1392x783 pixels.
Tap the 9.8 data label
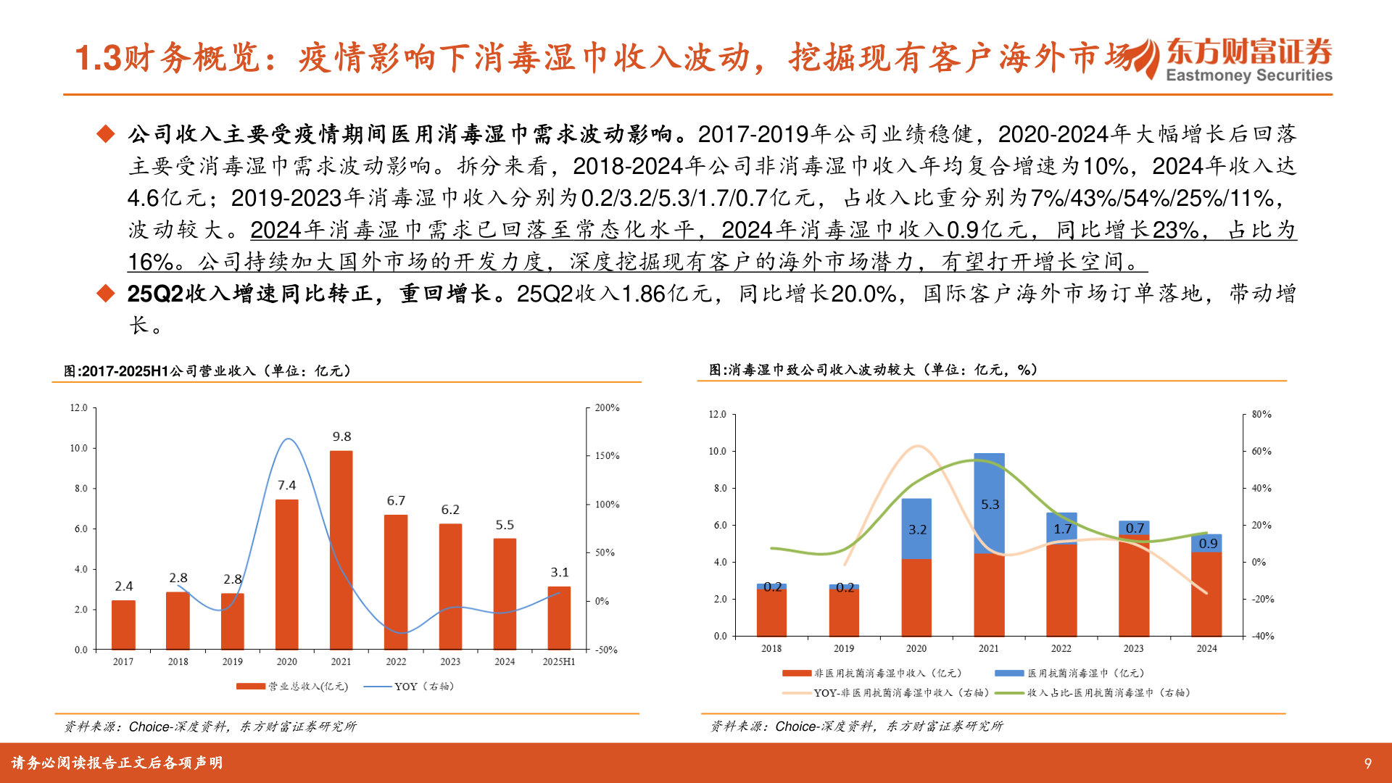tap(341, 436)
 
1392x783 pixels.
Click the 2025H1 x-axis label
tap(558, 661)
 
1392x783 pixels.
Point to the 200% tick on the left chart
tap(607, 408)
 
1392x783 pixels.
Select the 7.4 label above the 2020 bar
tap(286, 485)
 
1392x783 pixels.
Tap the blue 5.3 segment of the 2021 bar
tap(989, 503)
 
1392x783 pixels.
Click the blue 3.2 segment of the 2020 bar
tap(916, 529)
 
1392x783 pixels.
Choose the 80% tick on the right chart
tap(1261, 415)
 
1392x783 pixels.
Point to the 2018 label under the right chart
tap(771, 648)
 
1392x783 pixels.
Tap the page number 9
tap(1367, 763)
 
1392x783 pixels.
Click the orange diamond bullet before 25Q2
tap(106, 294)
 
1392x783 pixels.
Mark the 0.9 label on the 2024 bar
tap(1208, 543)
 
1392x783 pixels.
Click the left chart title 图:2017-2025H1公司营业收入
tap(207, 370)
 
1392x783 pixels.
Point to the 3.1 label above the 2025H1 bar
tap(559, 572)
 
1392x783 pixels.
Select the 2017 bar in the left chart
tap(123, 624)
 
